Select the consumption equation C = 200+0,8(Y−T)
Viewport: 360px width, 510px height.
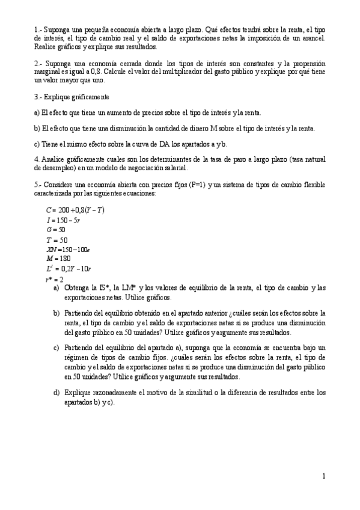pyautogui.click(x=75, y=210)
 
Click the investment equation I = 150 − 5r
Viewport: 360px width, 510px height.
pyautogui.click(x=64, y=220)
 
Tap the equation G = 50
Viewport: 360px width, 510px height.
pyautogui.click(x=55, y=230)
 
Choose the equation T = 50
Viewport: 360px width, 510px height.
pyautogui.click(x=56, y=239)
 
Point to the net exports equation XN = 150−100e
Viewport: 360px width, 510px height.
pyautogui.click(x=67, y=249)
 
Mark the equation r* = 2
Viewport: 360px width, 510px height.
pyautogui.click(x=54, y=279)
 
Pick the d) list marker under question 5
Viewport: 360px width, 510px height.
pyautogui.click(x=56, y=393)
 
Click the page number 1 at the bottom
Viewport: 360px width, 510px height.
pyautogui.click(x=324, y=477)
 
